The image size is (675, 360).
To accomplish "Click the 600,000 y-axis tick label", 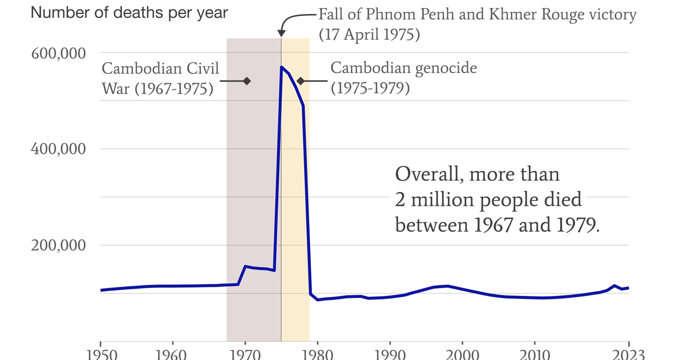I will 58,54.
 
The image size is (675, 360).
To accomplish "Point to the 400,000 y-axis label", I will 58,149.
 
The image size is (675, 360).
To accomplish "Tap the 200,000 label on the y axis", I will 58,245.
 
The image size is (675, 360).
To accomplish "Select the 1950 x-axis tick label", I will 102,354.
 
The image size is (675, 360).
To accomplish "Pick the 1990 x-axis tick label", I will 390,354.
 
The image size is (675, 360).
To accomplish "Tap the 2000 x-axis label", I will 462,354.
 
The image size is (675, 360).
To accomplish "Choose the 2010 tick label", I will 534,354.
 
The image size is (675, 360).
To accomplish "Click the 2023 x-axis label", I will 628,354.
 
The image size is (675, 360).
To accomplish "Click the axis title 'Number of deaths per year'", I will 129,13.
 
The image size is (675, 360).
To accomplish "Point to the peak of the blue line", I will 282,67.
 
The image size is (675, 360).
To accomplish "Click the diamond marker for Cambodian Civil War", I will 247,81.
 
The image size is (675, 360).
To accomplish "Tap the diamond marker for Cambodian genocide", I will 301,81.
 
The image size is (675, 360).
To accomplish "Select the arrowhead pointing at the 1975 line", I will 281,33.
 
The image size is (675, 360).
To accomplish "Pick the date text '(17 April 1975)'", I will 369,35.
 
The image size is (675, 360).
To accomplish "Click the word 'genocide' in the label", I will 446,68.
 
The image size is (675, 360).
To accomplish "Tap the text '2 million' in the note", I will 435,200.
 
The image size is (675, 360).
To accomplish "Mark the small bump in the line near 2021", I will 614,286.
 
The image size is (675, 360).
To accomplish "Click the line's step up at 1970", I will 245,266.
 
